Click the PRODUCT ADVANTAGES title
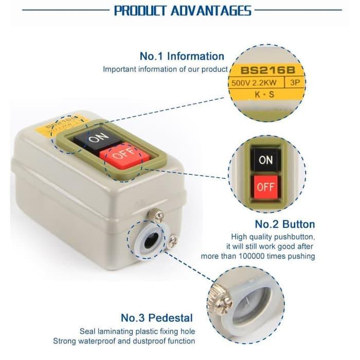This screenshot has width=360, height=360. tap(183, 11)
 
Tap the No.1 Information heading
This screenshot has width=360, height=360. tap(182, 57)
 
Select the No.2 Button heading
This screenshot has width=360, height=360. tap(285, 224)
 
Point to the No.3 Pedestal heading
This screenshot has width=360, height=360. tap(157, 317)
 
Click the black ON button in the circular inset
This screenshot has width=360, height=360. tap(266, 160)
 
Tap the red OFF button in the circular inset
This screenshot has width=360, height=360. tap(266, 187)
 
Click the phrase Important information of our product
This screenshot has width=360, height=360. tap(165, 69)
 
